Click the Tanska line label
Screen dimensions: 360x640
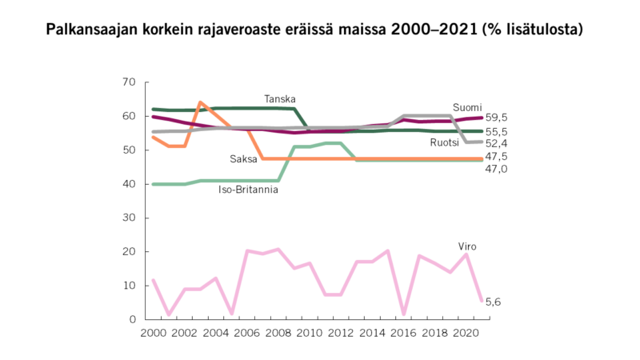[x=280, y=99]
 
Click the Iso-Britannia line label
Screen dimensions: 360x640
[x=248, y=190]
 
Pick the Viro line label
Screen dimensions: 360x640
[x=467, y=246]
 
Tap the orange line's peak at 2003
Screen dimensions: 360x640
[x=200, y=102]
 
